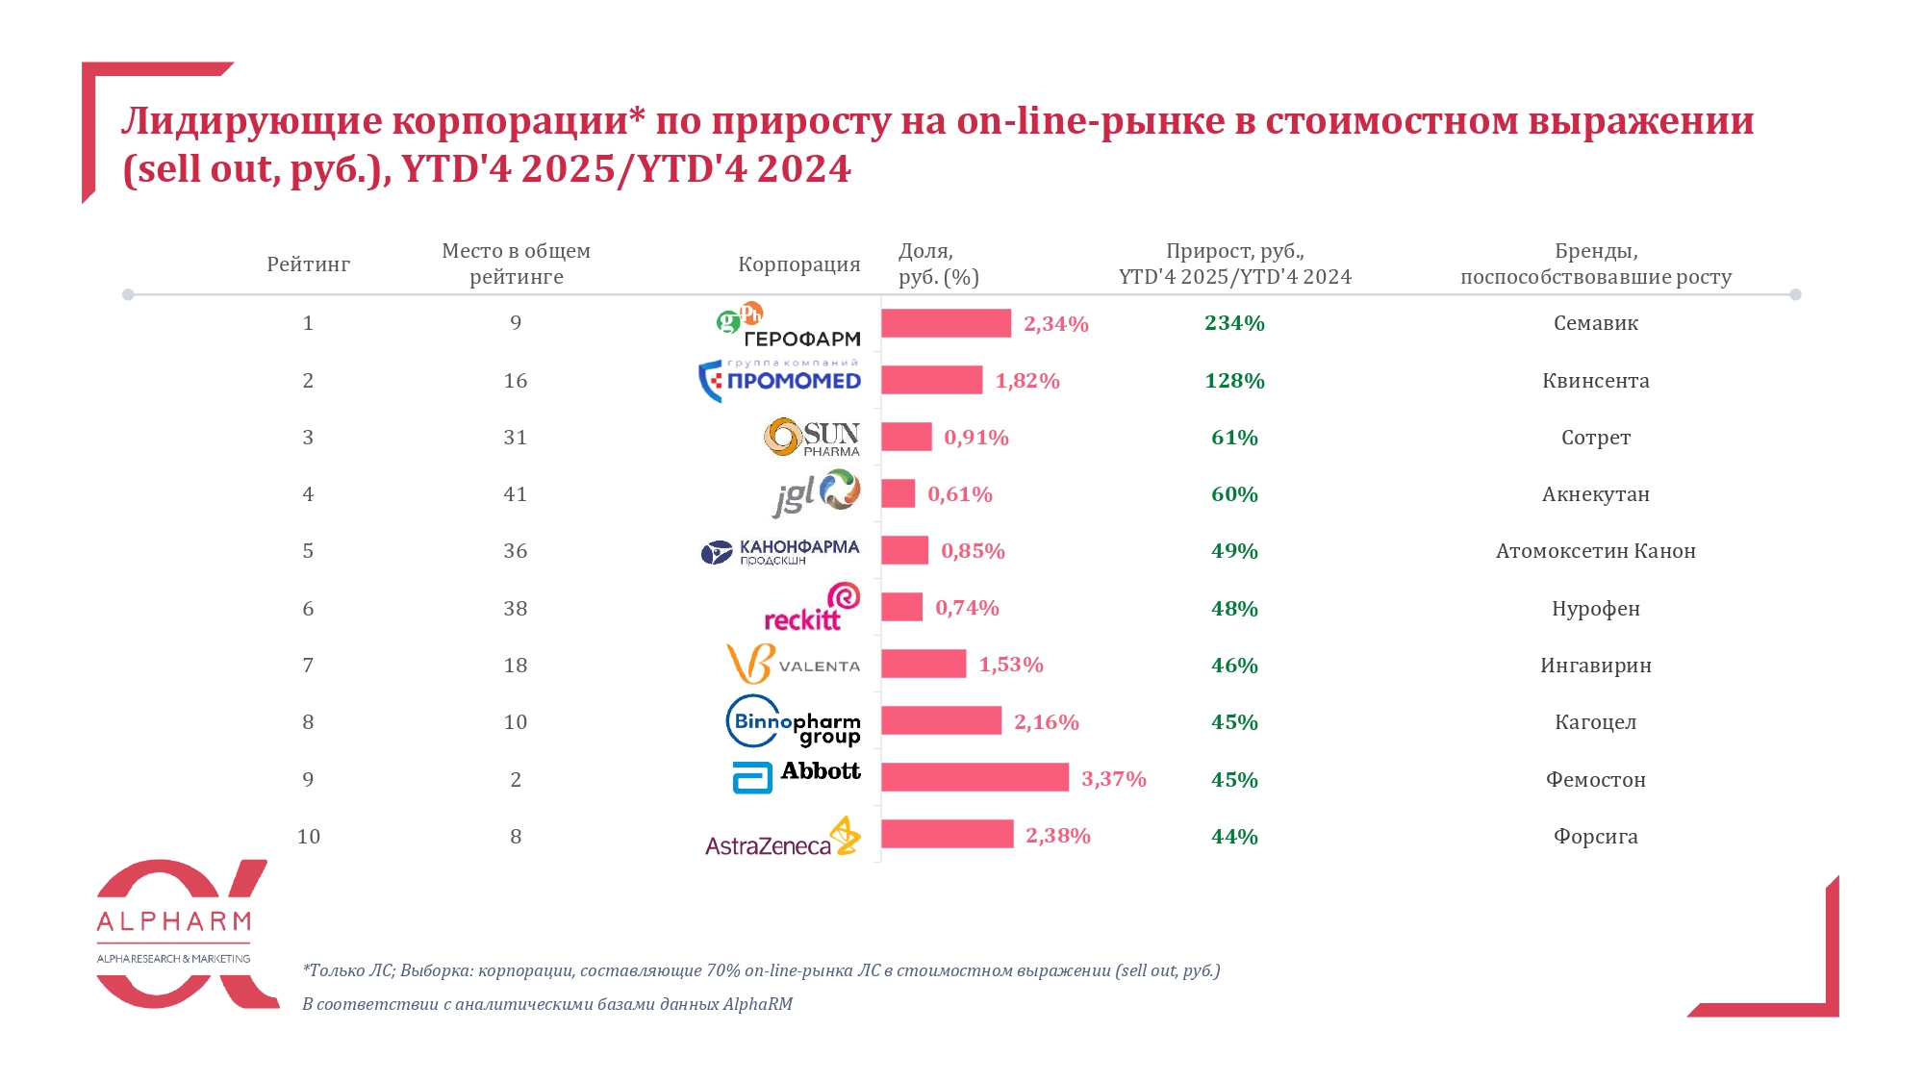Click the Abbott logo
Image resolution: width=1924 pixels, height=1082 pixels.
797,776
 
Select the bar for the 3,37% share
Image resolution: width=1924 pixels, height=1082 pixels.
975,777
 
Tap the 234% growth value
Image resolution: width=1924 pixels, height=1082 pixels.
1234,323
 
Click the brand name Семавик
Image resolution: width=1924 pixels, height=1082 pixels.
1595,323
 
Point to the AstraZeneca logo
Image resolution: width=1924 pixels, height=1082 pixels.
782,838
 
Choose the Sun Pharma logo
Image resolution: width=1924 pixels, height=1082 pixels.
812,437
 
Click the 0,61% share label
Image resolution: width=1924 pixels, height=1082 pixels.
959,494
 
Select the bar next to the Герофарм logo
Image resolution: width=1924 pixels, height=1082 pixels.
946,323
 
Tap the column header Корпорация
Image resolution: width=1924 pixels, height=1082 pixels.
798,264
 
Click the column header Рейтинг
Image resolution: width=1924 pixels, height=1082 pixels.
308,264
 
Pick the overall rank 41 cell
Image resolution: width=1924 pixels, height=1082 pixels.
516,494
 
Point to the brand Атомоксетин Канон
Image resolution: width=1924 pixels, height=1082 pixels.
1595,551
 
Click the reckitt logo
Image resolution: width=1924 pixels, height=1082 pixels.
812,608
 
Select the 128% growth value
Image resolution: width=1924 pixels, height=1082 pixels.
1234,381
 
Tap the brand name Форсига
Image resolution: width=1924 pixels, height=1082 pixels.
1595,837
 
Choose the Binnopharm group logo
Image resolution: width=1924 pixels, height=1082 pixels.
793,722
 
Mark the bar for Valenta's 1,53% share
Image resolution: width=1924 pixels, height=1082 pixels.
924,664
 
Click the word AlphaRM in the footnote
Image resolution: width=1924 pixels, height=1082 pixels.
758,1004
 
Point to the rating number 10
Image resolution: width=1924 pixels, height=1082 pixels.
308,837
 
